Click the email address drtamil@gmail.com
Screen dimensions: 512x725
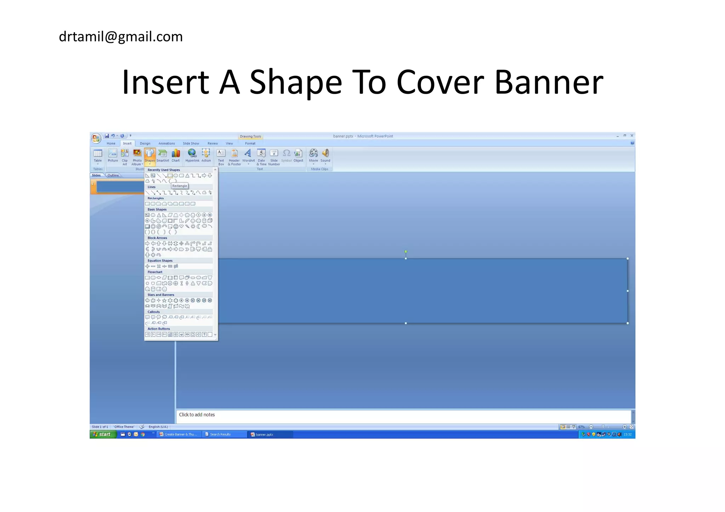point(121,37)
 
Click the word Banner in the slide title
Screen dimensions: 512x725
point(549,82)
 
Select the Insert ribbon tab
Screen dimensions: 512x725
point(127,144)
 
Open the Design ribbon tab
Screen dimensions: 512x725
point(145,144)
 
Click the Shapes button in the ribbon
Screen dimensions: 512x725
point(150,156)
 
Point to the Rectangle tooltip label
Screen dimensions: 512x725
point(179,186)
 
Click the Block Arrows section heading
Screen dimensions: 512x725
point(157,238)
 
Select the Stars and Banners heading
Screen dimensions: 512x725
point(161,295)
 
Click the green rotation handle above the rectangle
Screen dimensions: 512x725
point(406,252)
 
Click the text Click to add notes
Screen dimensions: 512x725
point(197,415)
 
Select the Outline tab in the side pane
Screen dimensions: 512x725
point(113,175)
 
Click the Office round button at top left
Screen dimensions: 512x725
point(96,138)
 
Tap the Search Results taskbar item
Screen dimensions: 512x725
point(220,435)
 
